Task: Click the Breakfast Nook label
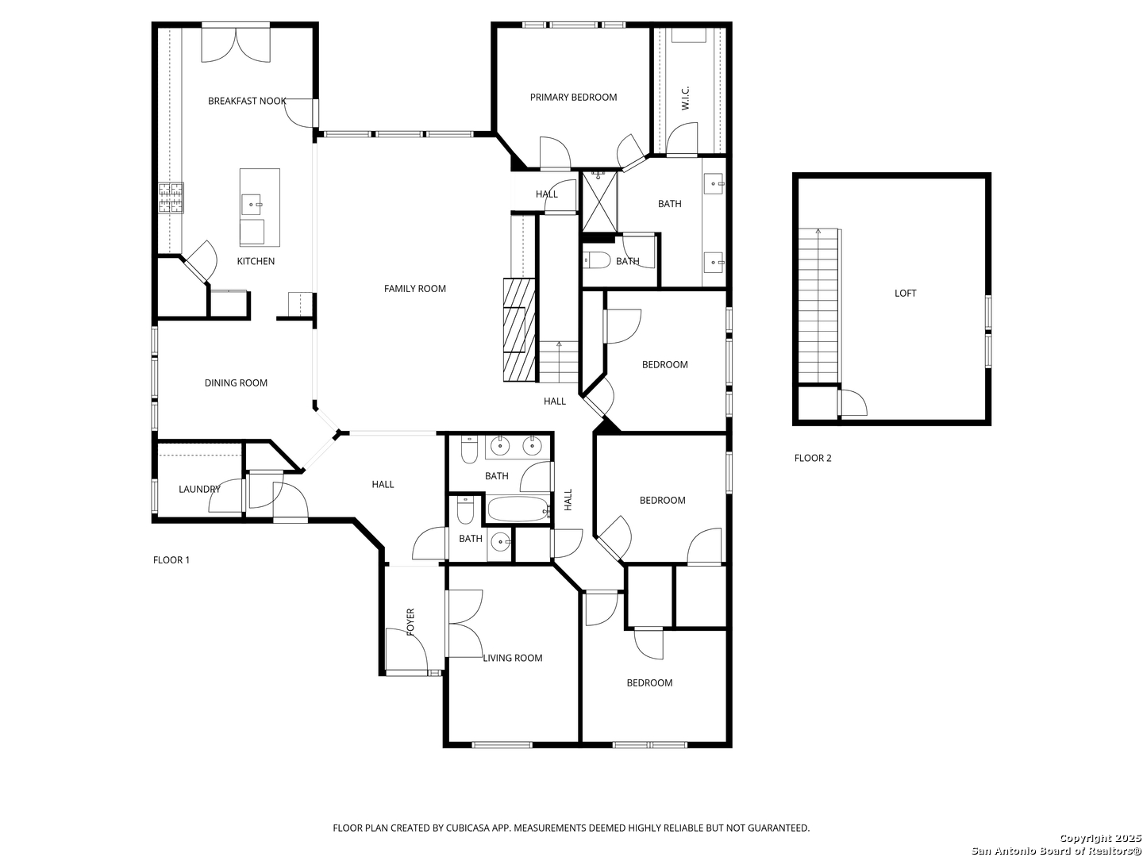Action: coord(247,101)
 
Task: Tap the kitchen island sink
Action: coord(252,205)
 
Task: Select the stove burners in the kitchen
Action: coord(171,198)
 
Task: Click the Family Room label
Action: coord(414,289)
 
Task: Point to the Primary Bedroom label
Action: coord(573,98)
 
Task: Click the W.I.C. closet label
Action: coord(685,98)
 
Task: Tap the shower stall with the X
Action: coord(599,202)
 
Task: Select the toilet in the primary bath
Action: coord(597,260)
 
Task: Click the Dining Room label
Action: coord(236,383)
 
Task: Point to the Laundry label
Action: coord(199,489)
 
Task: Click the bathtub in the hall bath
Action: coord(518,509)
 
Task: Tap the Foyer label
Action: coord(410,622)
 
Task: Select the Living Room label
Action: coord(513,659)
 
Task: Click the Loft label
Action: coord(905,294)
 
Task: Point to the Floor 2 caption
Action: coord(812,459)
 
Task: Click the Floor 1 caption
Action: coord(171,560)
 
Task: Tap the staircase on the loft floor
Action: coord(818,306)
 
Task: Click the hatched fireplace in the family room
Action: coord(519,330)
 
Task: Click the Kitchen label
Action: coord(256,261)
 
